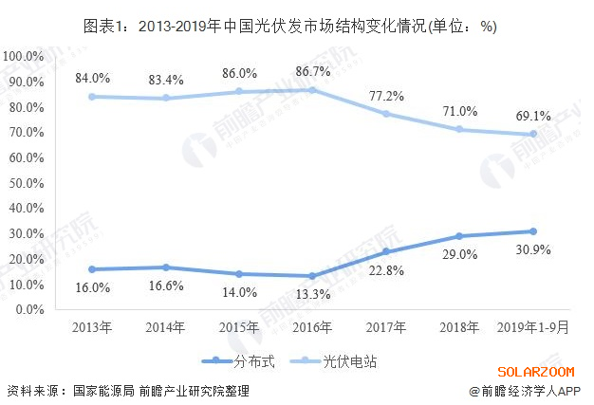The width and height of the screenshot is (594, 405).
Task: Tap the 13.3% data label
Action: point(312,294)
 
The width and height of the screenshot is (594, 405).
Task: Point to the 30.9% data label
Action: point(533,250)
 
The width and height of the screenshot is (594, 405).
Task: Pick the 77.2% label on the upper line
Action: point(386,96)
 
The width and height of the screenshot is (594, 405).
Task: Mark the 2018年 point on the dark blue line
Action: point(459,236)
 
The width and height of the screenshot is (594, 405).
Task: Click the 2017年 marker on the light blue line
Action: point(386,114)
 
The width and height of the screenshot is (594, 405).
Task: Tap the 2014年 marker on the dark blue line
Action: point(166,267)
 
